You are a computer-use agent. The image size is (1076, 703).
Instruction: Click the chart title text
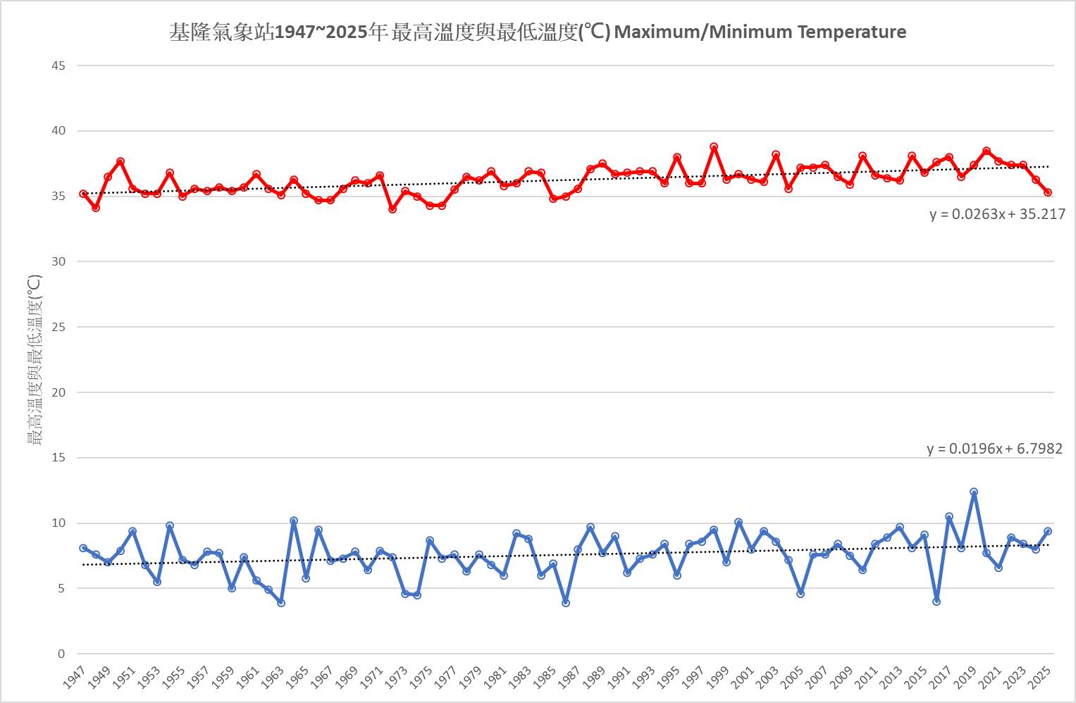coord(538,32)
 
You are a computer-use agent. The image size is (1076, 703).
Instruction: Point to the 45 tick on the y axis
coord(58,66)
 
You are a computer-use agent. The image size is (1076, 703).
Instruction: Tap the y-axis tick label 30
coord(58,261)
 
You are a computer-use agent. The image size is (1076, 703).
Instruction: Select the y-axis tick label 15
coord(58,458)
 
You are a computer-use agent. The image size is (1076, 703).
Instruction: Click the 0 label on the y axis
coord(61,654)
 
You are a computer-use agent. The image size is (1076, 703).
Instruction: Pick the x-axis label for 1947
coord(73,681)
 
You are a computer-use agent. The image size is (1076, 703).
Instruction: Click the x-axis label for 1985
coord(544,681)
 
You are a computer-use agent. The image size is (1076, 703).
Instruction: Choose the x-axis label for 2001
coord(742,681)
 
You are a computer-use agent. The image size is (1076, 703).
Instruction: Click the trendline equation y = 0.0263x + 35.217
coord(997,214)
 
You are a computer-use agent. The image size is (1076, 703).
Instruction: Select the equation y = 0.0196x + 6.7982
coord(994,449)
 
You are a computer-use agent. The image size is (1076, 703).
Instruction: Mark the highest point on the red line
coord(714,147)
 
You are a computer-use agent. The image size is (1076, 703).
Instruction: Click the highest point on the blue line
coord(974,492)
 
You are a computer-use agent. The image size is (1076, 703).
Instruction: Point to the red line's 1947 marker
coord(83,194)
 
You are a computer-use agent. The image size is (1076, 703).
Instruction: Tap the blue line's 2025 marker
coord(1048,531)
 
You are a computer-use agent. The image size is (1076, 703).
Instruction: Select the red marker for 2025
coord(1048,192)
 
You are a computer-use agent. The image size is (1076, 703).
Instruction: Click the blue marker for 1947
coord(83,548)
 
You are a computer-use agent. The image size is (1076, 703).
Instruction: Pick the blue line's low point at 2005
coord(800,594)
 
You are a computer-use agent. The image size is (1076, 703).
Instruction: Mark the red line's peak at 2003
coord(776,155)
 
